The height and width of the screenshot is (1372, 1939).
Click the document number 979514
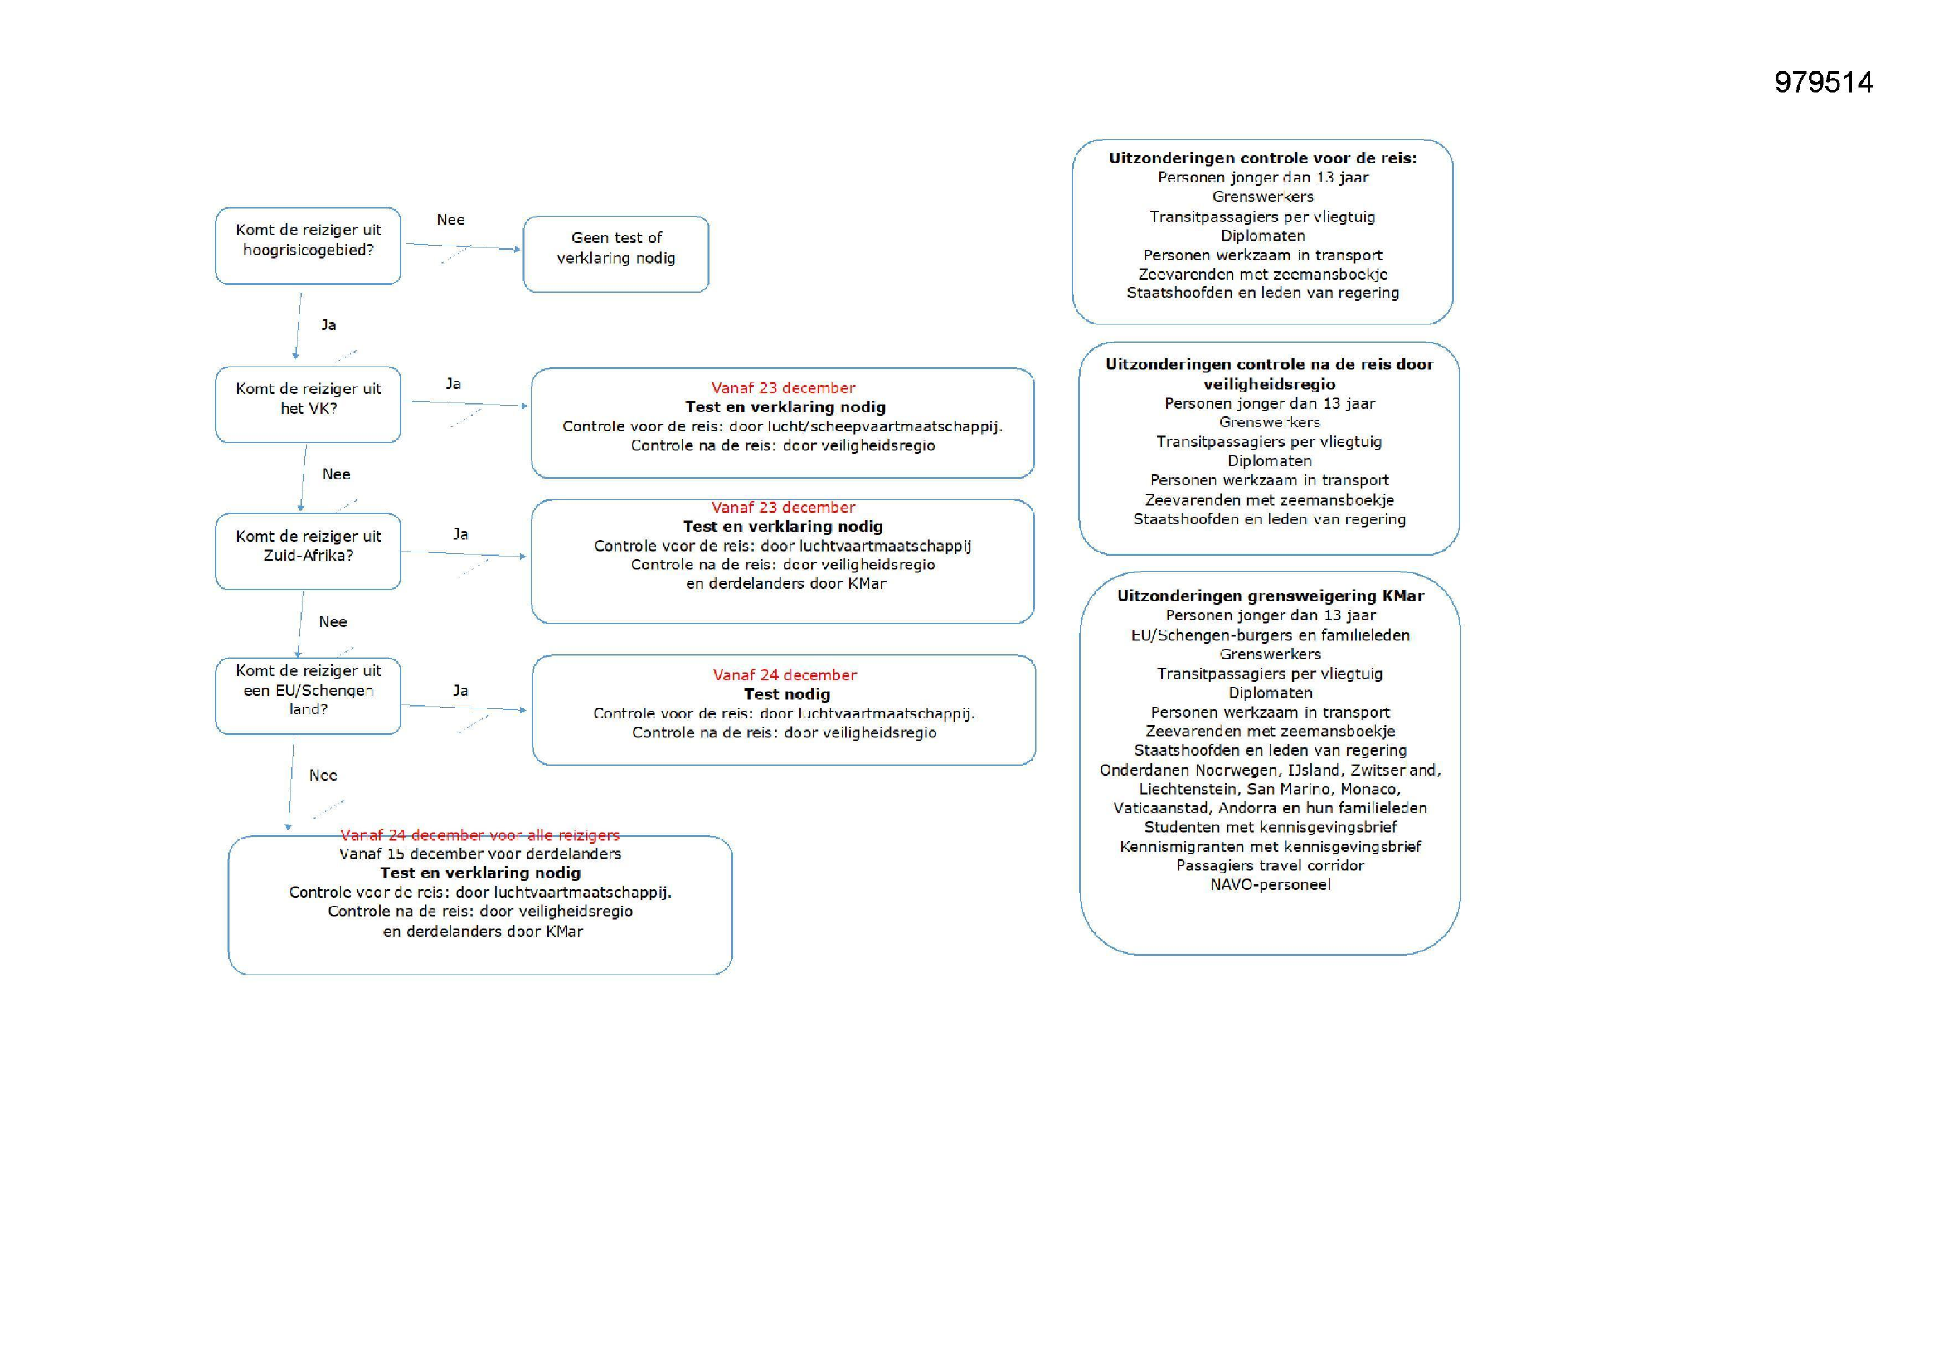pyautogui.click(x=1823, y=82)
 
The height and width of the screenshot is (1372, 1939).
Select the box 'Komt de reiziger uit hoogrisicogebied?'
pyautogui.click(x=309, y=245)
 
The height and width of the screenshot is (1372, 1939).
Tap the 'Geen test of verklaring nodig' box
pyautogui.click(x=615, y=254)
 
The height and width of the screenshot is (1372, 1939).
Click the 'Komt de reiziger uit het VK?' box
pyautogui.click(x=309, y=404)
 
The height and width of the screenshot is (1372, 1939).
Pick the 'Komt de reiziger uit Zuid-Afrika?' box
pyautogui.click(x=309, y=551)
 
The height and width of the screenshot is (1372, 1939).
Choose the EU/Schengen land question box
pyautogui.click(x=309, y=695)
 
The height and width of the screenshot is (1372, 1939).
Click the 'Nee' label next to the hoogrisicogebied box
pyautogui.click(x=450, y=220)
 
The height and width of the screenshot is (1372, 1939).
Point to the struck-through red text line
pyautogui.click(x=479, y=834)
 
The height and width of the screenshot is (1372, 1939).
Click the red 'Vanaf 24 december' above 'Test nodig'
pyautogui.click(x=785, y=674)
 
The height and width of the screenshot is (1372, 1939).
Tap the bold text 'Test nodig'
pyautogui.click(x=786, y=693)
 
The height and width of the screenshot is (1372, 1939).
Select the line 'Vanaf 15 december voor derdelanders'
pyautogui.click(x=479, y=854)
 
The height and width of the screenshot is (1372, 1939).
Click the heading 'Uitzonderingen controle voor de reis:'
pyautogui.click(x=1262, y=158)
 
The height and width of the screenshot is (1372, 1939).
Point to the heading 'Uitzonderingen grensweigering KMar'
pyautogui.click(x=1271, y=596)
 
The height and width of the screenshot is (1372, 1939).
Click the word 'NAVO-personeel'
pyautogui.click(x=1271, y=884)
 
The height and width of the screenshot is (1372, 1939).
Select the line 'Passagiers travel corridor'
pyautogui.click(x=1271, y=865)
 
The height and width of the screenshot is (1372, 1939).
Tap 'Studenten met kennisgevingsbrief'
pyautogui.click(x=1271, y=827)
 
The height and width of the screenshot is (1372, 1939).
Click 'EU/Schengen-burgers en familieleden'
pyautogui.click(x=1271, y=635)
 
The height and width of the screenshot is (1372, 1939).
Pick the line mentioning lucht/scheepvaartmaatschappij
pyautogui.click(x=782, y=426)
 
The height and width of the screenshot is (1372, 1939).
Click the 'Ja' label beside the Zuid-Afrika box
pyautogui.click(x=460, y=534)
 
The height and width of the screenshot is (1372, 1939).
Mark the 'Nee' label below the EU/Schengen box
pyautogui.click(x=323, y=775)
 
